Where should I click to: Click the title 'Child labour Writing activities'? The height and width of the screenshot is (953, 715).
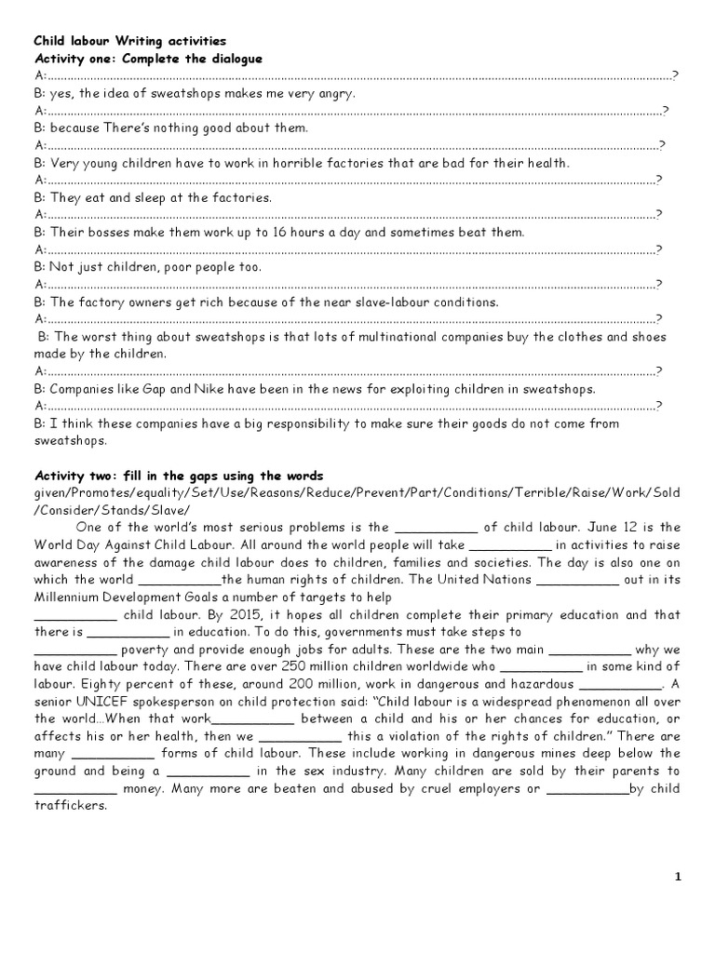[x=129, y=42]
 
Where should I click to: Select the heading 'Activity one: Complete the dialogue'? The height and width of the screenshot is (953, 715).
[x=148, y=59]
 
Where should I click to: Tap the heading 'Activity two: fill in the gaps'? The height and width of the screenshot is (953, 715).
[x=179, y=476]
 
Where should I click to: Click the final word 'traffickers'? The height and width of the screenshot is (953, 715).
[x=71, y=806]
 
